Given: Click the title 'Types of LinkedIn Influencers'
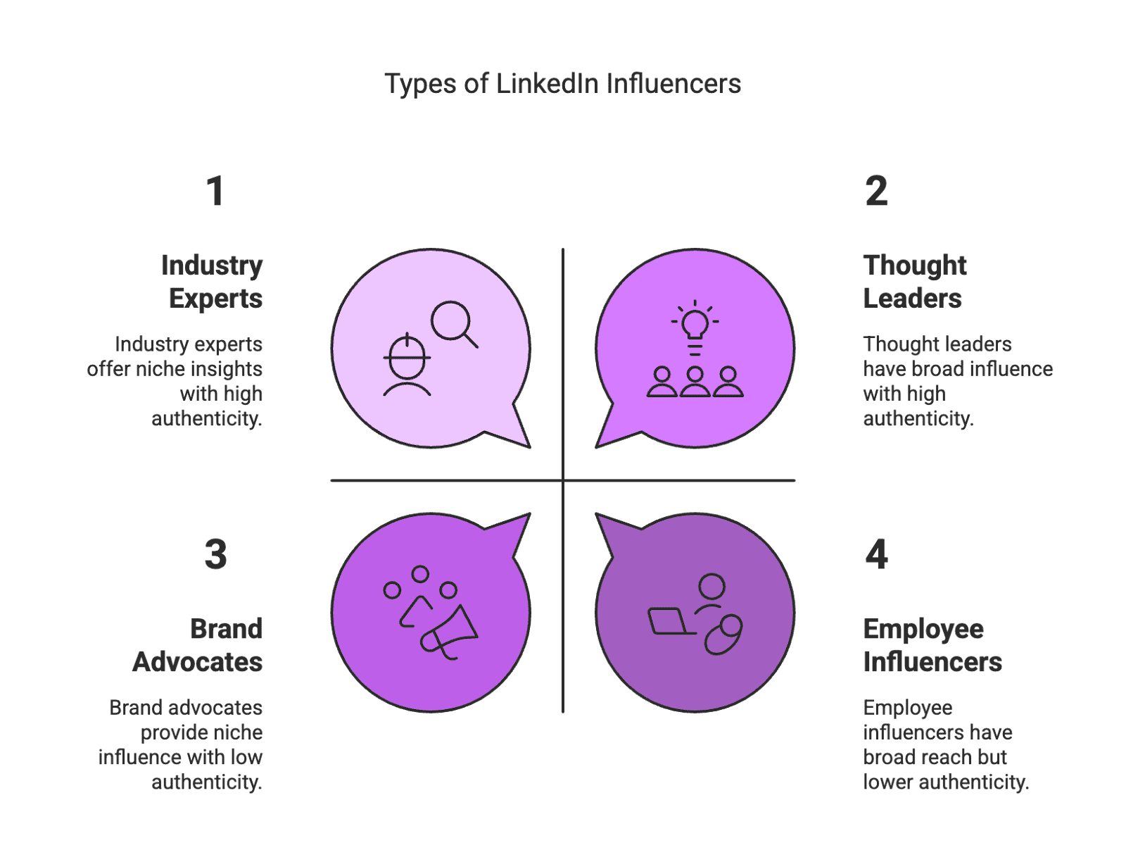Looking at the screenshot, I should pyautogui.click(x=562, y=84).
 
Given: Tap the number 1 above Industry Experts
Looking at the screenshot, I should pyautogui.click(x=215, y=192).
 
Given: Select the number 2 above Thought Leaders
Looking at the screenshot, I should pyautogui.click(x=876, y=192).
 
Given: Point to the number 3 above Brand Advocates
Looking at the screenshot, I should pyautogui.click(x=215, y=555).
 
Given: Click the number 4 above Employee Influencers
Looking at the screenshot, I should pyautogui.click(x=876, y=555).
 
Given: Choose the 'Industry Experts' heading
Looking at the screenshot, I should pyautogui.click(x=212, y=282).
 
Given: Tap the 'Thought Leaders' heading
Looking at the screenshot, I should pyautogui.click(x=914, y=282).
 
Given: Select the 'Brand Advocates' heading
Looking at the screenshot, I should pyautogui.click(x=198, y=645).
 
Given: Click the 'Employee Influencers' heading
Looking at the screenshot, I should pyautogui.click(x=932, y=645).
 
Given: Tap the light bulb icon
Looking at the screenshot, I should pyautogui.click(x=695, y=326).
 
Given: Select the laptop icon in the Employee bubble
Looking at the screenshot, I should pyautogui.click(x=669, y=622).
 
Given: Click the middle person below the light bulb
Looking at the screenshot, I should pyautogui.click(x=695, y=382).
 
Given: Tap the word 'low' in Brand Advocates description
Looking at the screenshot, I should pyautogui.click(x=246, y=757).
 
